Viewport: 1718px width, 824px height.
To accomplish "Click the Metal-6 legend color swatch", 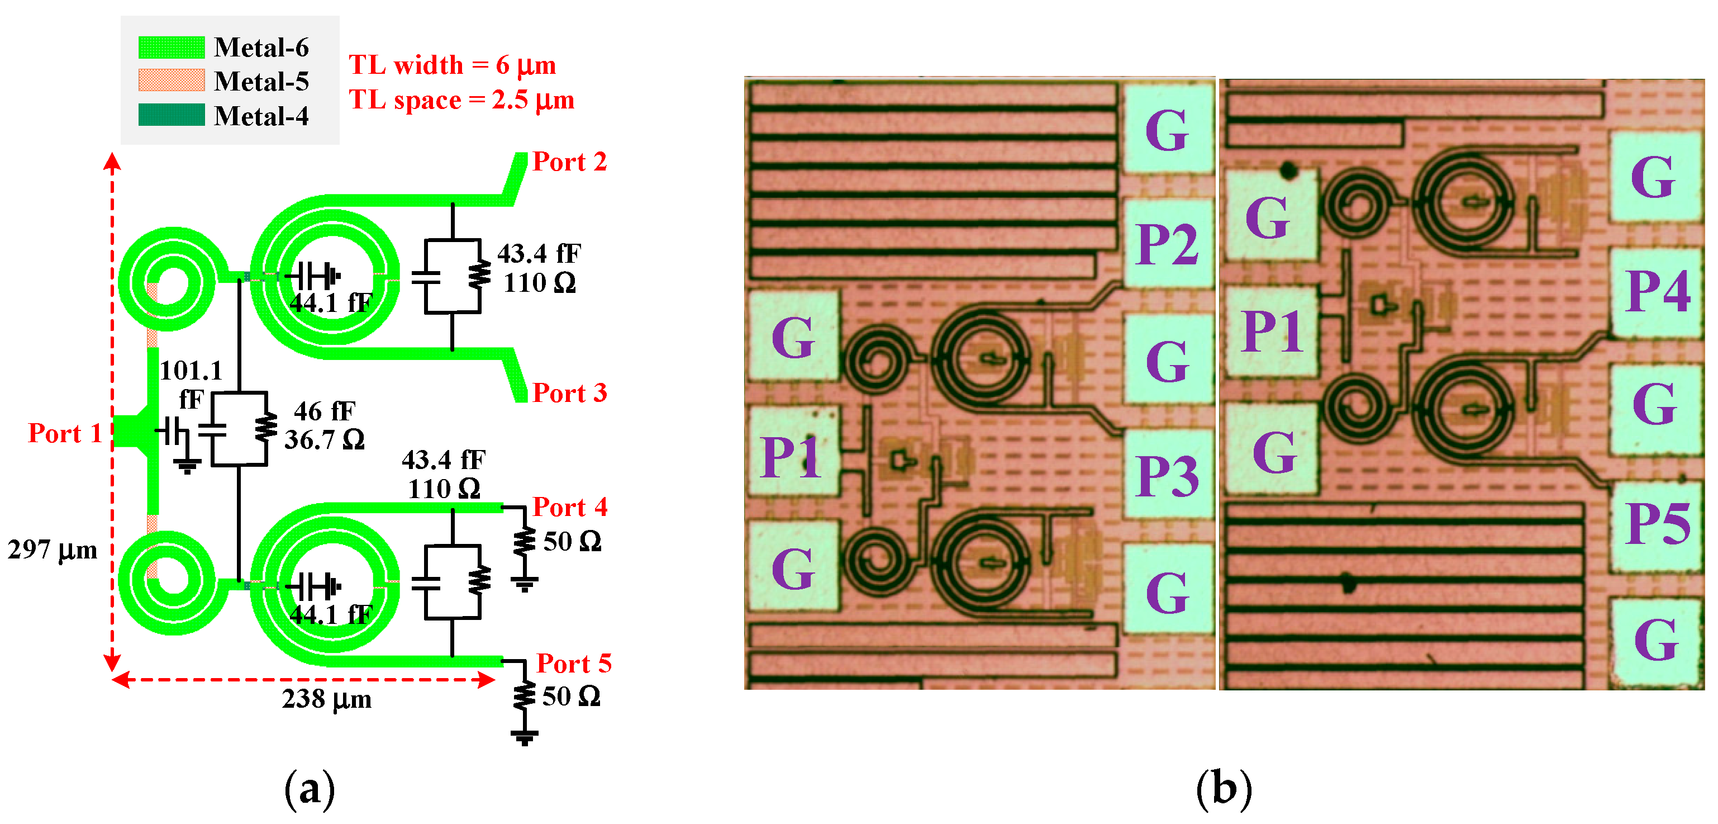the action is click(172, 48).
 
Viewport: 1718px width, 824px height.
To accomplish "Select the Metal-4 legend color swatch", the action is click(172, 115).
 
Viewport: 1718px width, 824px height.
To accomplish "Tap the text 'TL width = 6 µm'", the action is click(452, 65).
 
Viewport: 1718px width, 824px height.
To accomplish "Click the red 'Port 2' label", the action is click(569, 162).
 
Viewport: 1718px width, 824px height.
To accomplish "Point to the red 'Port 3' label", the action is click(569, 392).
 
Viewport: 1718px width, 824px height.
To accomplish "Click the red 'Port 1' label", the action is click(65, 433).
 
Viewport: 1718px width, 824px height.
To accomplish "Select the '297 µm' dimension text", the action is click(52, 550).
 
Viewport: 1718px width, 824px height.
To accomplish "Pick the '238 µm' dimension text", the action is click(326, 699).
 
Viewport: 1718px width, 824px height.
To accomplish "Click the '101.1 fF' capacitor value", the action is click(191, 384).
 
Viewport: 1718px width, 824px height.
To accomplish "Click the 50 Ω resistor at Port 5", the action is click(525, 696).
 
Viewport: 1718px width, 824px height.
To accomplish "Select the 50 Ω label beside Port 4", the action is click(572, 541).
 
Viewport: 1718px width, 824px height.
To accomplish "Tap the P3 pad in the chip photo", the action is click(1167, 475).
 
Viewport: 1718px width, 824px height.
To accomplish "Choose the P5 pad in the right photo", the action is click(1657, 524).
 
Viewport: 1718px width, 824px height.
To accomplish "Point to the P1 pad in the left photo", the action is click(792, 457).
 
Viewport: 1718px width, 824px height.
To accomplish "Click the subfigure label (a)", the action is click(310, 789).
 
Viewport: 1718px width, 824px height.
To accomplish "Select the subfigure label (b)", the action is click(1223, 789).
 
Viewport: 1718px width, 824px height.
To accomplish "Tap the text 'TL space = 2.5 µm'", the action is click(461, 100).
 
